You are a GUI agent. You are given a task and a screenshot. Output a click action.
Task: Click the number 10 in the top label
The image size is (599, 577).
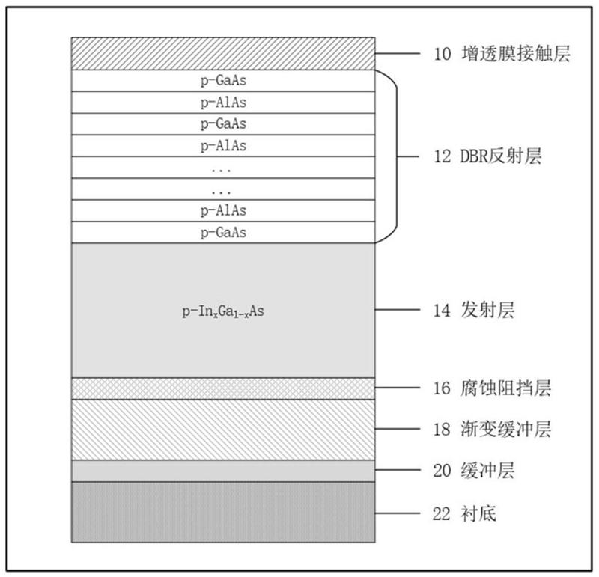(x=443, y=55)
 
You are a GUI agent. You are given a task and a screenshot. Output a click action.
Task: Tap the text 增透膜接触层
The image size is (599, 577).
(x=516, y=55)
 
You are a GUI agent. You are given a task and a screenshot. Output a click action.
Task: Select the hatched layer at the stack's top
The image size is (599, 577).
(x=223, y=53)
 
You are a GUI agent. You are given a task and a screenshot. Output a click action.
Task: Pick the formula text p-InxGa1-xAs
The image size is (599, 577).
(x=223, y=311)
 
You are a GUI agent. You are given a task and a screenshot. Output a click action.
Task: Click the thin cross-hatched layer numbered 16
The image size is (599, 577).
(x=223, y=388)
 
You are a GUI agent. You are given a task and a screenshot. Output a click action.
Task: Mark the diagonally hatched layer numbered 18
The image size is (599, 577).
(x=223, y=430)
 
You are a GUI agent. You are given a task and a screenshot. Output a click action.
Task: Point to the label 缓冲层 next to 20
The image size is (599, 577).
(x=487, y=471)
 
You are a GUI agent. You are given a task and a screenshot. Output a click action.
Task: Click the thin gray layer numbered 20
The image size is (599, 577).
(x=223, y=471)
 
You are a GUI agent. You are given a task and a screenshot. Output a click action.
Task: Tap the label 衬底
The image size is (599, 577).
(x=478, y=513)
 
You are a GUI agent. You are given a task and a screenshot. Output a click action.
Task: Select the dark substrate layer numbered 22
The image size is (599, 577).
(x=223, y=512)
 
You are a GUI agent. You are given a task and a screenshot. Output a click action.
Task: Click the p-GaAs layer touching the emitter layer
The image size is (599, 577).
(x=223, y=232)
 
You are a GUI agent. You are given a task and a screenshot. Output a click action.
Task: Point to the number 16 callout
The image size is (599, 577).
(x=443, y=388)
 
